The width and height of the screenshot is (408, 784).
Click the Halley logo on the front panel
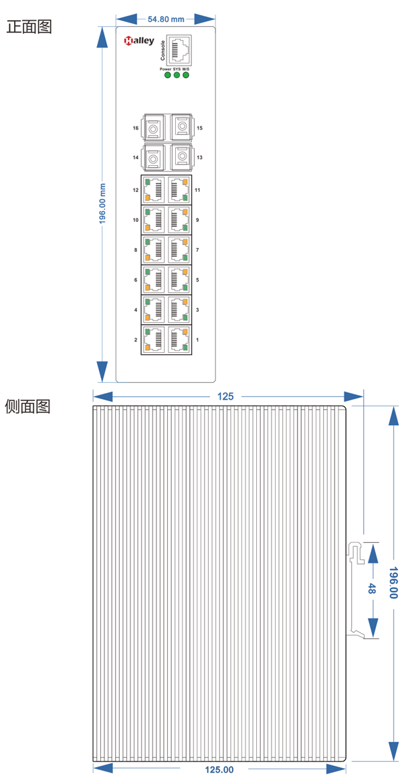138,41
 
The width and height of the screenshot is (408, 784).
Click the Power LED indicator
167,75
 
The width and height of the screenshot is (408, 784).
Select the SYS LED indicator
177,75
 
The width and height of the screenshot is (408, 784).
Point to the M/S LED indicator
186,75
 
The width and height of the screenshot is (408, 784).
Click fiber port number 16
155,127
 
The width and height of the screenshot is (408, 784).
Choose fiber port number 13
181,156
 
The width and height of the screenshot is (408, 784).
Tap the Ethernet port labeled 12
155,190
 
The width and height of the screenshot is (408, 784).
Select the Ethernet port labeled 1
179,340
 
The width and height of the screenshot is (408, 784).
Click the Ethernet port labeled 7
179,250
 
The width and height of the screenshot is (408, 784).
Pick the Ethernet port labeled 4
155,309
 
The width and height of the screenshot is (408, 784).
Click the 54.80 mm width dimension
166,19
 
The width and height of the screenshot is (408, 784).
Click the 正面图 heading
28,27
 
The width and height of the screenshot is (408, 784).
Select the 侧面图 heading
28,406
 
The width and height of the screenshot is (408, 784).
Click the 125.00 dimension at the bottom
219,769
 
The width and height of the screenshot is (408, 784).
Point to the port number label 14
135,158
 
